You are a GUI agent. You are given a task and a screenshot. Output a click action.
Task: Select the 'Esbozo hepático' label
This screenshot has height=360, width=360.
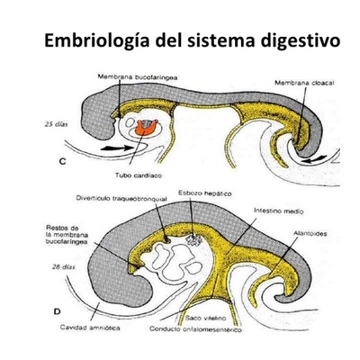tap(201, 193)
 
